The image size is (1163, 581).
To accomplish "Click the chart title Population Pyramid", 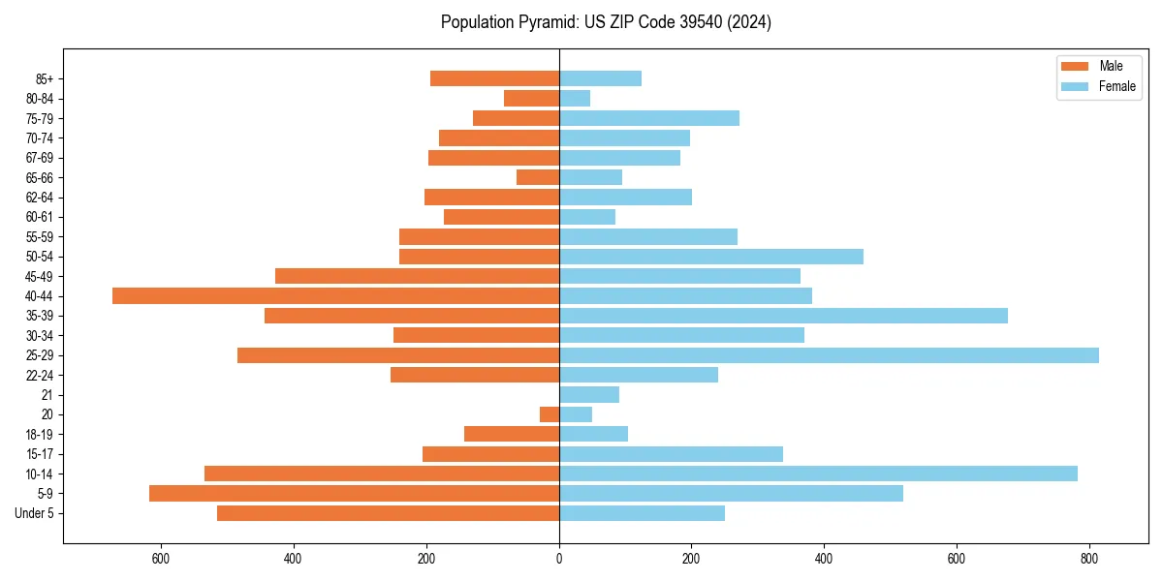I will pyautogui.click(x=606, y=22).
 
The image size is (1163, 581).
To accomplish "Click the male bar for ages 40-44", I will pyautogui.click(x=335, y=295).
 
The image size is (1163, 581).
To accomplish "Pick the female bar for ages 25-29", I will pyautogui.click(x=829, y=355).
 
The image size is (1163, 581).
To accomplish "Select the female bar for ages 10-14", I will pyautogui.click(x=818, y=474).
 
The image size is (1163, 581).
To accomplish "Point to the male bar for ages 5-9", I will pyautogui.click(x=354, y=493).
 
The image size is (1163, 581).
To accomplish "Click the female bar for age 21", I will pyautogui.click(x=589, y=394).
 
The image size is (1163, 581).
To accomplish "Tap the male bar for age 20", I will pyautogui.click(x=550, y=414).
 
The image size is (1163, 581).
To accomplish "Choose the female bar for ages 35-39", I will pyautogui.click(x=783, y=316).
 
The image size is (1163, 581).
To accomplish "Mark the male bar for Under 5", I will pyautogui.click(x=388, y=513).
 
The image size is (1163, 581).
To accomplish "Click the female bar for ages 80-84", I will pyautogui.click(x=575, y=98).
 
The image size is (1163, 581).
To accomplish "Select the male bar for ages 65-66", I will pyautogui.click(x=538, y=177).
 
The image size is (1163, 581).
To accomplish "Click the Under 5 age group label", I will pyautogui.click(x=35, y=513).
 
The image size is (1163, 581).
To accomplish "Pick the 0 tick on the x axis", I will pyautogui.click(x=559, y=559).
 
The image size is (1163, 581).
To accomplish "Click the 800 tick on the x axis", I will pyautogui.click(x=1089, y=559).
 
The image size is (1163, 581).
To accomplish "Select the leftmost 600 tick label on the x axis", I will pyautogui.click(x=161, y=559).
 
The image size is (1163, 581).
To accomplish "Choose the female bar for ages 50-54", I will pyautogui.click(x=711, y=257).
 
